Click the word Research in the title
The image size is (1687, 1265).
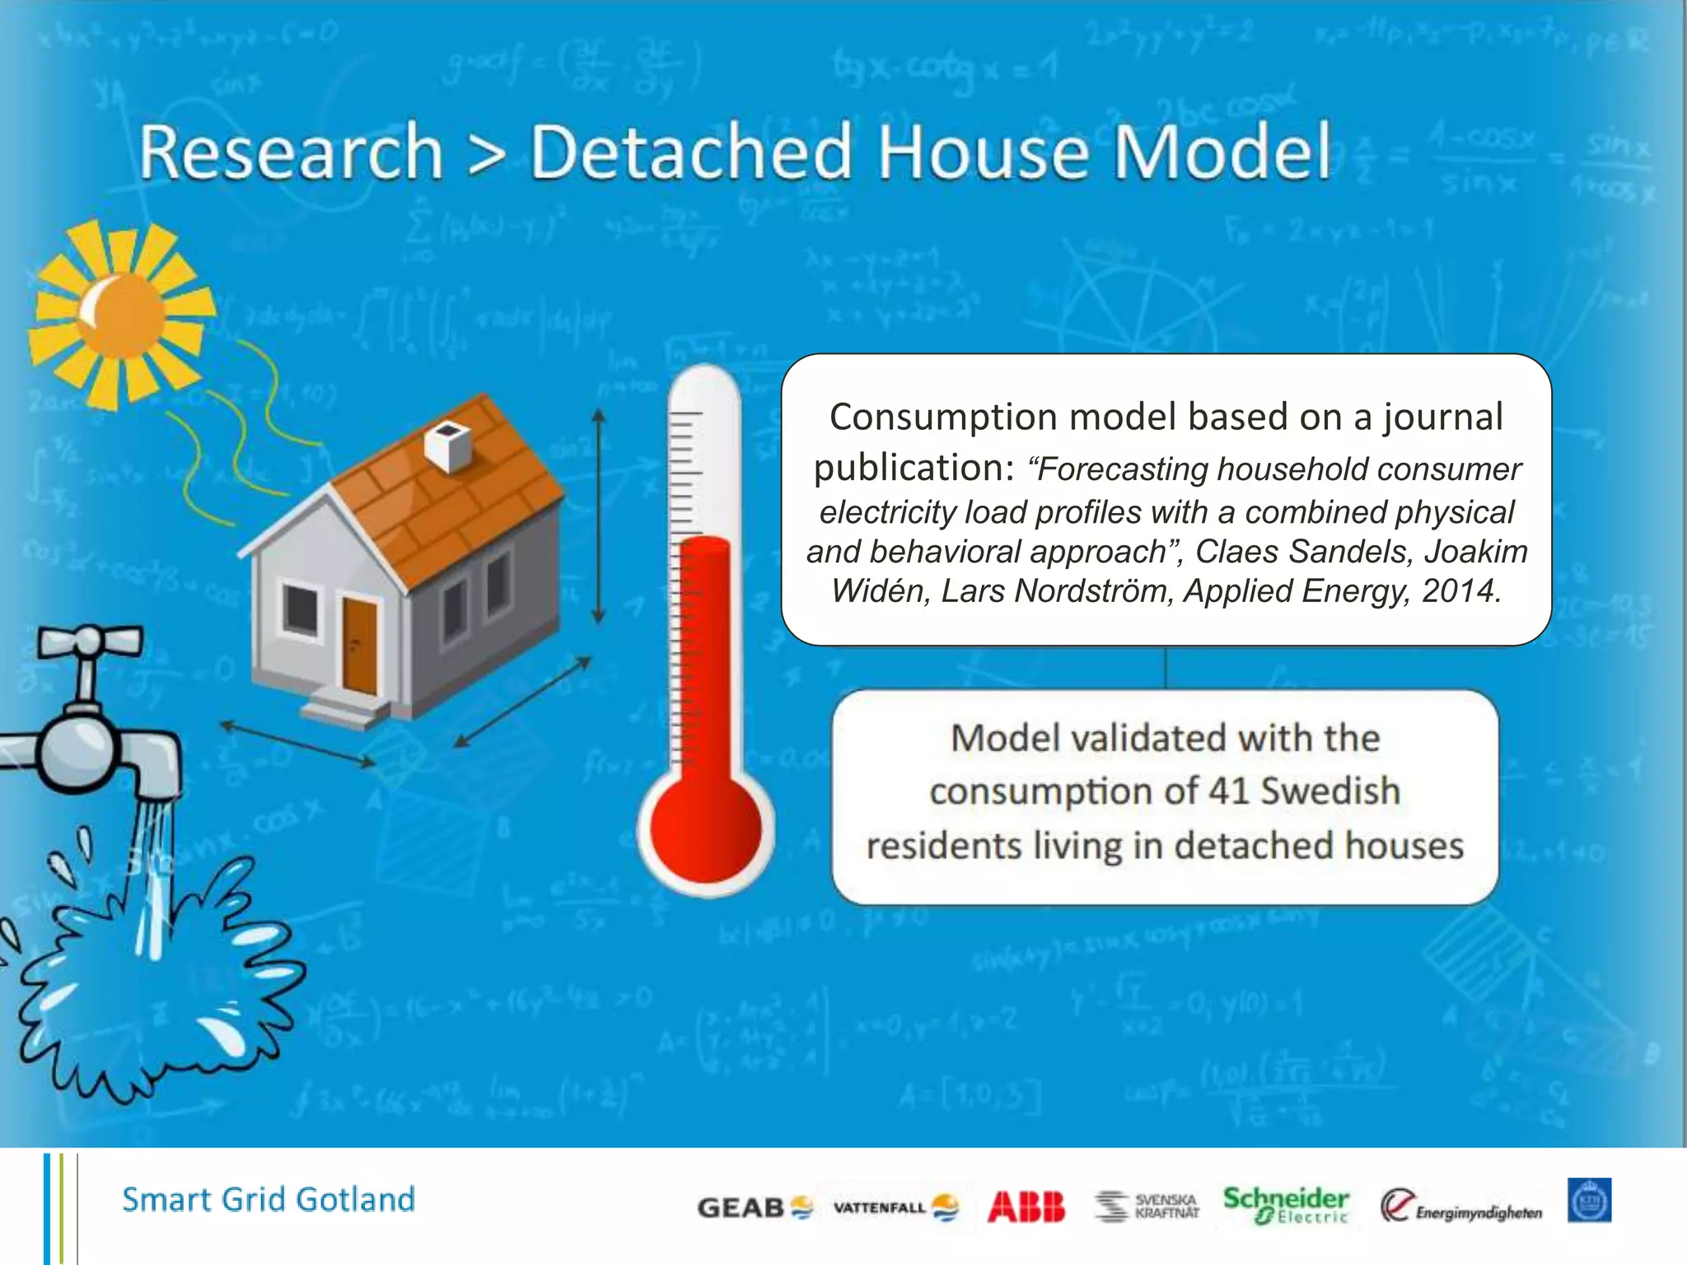pos(290,152)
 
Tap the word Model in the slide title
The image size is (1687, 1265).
pos(1222,152)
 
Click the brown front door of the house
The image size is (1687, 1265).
pos(359,647)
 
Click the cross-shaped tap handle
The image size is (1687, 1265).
pos(90,642)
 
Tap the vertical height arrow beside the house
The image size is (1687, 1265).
pos(599,517)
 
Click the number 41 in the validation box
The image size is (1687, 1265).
pos(1229,791)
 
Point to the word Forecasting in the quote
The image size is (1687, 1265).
pos(1124,469)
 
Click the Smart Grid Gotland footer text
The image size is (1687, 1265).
pos(269,1200)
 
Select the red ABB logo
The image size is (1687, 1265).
pos(1026,1207)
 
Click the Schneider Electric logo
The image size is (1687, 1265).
pos(1285,1206)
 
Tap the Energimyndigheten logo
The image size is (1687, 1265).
pos(1460,1207)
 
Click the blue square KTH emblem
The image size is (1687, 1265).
pos(1589,1201)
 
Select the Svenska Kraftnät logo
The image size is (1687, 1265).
pos(1147,1207)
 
